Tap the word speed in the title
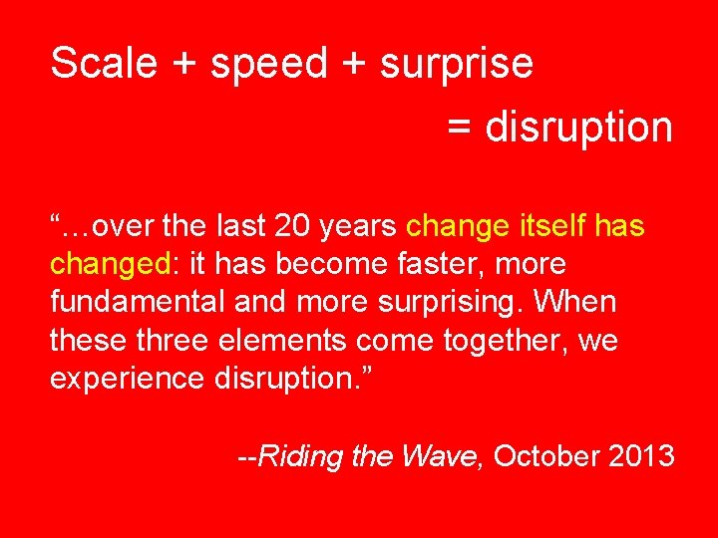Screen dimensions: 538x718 point(269,64)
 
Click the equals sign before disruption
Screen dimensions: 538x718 point(459,128)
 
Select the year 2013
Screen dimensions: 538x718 point(642,456)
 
